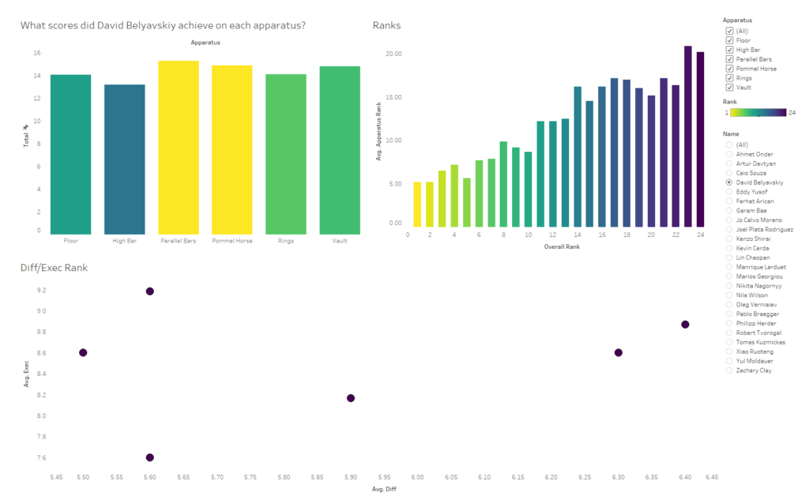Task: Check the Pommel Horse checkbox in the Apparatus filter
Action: tap(729, 69)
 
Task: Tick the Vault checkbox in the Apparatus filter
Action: tap(729, 88)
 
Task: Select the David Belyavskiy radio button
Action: tap(729, 182)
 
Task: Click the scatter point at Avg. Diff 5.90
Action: tap(351, 398)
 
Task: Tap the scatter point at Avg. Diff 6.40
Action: tap(685, 325)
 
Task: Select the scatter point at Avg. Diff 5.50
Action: tap(83, 352)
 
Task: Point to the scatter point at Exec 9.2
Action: tap(149, 291)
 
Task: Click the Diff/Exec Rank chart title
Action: tap(54, 268)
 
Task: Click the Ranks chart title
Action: tap(386, 25)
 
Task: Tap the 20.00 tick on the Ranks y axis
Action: tap(393, 54)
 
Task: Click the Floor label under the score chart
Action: tap(71, 241)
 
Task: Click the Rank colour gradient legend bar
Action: tap(758, 112)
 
